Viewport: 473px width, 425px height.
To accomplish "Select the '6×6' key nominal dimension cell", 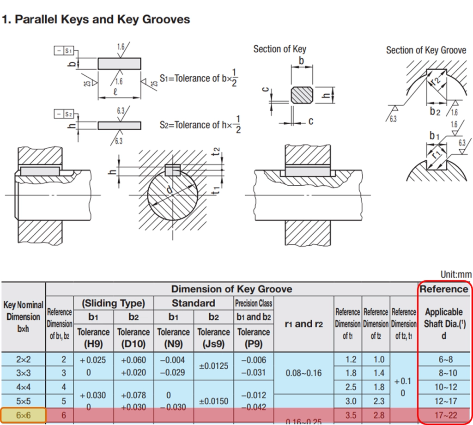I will pyautogui.click(x=23, y=415).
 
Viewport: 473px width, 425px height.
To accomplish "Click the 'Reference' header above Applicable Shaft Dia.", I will pyautogui.click(x=444, y=289).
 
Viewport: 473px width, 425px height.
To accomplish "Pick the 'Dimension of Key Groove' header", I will pyautogui.click(x=231, y=289).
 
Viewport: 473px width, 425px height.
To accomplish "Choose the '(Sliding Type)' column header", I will pyautogui.click(x=113, y=304).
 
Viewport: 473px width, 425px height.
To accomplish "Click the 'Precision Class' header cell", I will pyautogui.click(x=254, y=304).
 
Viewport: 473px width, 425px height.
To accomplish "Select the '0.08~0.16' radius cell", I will pyautogui.click(x=303, y=372).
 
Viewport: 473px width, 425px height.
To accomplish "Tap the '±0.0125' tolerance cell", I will pyautogui.click(x=213, y=366).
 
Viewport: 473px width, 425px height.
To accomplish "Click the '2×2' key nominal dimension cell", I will pyautogui.click(x=23, y=359).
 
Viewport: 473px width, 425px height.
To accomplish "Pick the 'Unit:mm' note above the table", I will pyautogui.click(x=456, y=274).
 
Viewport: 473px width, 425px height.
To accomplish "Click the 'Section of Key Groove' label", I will pyautogui.click(x=426, y=50).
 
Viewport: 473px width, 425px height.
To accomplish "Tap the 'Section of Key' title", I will pyautogui.click(x=279, y=49).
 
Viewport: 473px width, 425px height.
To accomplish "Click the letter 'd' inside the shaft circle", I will pyautogui.click(x=170, y=190).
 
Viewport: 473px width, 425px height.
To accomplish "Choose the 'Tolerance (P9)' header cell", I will pyautogui.click(x=254, y=338).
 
